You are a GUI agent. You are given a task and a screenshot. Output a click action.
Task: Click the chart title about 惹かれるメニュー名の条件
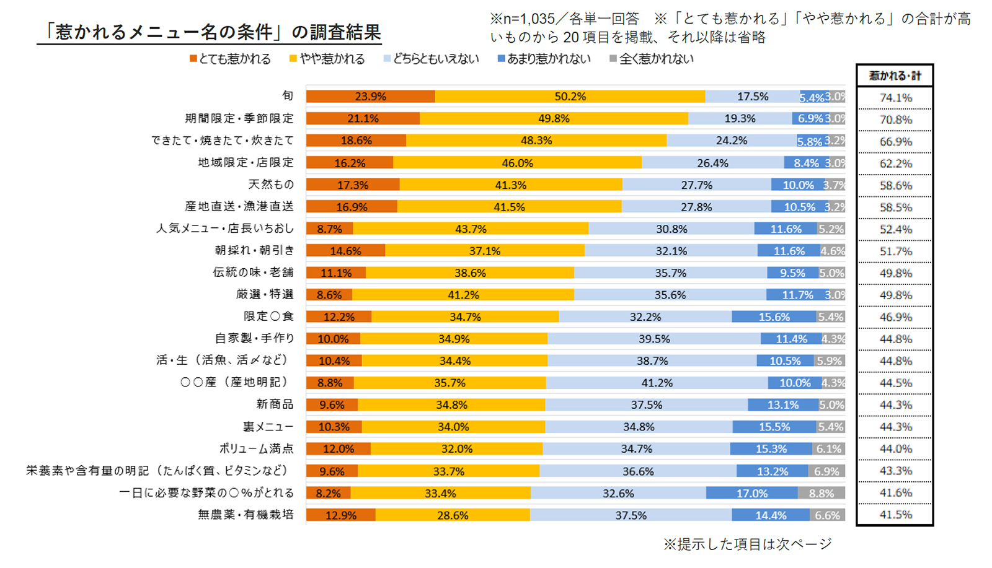point(210,32)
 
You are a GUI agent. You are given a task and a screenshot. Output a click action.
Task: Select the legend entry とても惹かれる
point(230,59)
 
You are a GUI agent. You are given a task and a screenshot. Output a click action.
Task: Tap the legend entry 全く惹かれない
point(652,59)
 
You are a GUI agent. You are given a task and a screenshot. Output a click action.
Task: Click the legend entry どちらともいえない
point(432,59)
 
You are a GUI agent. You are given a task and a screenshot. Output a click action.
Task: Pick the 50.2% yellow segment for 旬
point(570,97)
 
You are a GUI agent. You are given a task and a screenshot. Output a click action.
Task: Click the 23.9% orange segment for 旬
point(370,97)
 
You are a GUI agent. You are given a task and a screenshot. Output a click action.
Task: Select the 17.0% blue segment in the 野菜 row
point(751,494)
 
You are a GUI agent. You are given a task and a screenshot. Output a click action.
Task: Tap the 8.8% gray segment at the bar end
point(821,494)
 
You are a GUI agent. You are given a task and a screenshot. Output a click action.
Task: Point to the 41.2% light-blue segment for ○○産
point(657,383)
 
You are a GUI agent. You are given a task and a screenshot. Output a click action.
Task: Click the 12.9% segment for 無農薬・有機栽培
point(340,515)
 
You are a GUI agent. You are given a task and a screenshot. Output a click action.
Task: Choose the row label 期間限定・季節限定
point(239,118)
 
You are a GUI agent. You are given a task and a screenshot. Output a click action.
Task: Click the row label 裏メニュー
point(268,427)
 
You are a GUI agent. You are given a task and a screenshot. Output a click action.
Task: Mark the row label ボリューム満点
point(256,448)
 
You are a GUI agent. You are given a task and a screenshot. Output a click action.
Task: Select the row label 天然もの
point(271,185)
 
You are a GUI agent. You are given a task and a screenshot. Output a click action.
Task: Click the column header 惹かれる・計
point(895,76)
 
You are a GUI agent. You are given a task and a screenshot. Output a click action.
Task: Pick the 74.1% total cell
point(895,98)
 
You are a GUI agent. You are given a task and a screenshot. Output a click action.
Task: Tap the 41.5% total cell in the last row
point(895,515)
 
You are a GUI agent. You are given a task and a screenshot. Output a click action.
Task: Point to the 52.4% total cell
point(895,229)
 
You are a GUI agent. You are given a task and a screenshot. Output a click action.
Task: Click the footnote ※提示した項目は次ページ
point(747,544)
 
